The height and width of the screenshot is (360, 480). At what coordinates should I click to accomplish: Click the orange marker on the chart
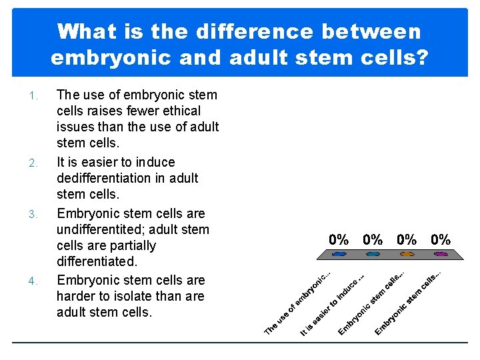point(407,254)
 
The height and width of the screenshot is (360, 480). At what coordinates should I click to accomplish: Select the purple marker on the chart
point(441,254)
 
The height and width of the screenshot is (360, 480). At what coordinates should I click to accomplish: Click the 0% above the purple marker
point(441,239)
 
